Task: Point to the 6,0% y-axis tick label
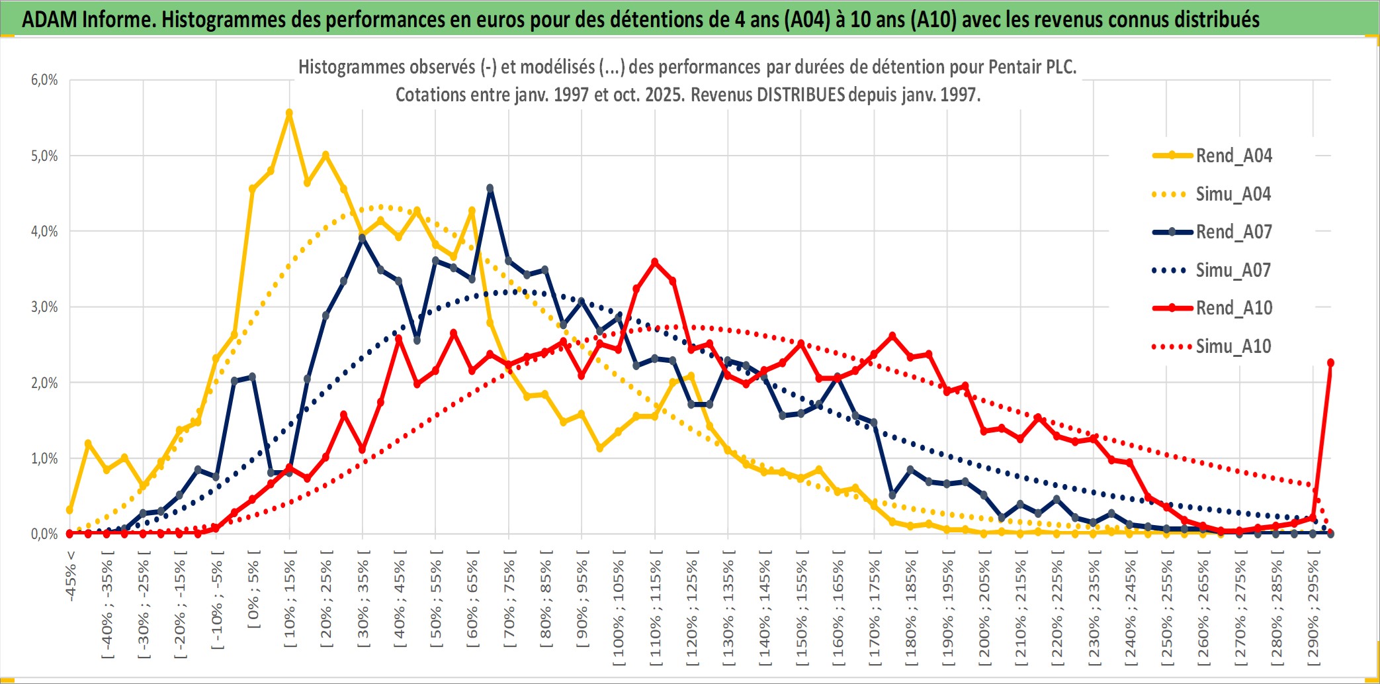coord(44,80)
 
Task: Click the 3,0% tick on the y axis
coord(44,307)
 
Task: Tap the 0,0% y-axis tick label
coord(44,534)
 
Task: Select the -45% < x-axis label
coord(71,576)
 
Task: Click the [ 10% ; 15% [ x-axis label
coord(290,603)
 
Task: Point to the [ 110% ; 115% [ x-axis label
coord(655,609)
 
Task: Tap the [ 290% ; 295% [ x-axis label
coord(1313,609)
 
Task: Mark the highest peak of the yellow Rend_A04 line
coord(289,113)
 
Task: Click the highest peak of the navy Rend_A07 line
coord(490,189)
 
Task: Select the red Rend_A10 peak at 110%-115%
coord(655,262)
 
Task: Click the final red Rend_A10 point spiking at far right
coord(1330,363)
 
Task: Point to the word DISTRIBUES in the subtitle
coord(800,95)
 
